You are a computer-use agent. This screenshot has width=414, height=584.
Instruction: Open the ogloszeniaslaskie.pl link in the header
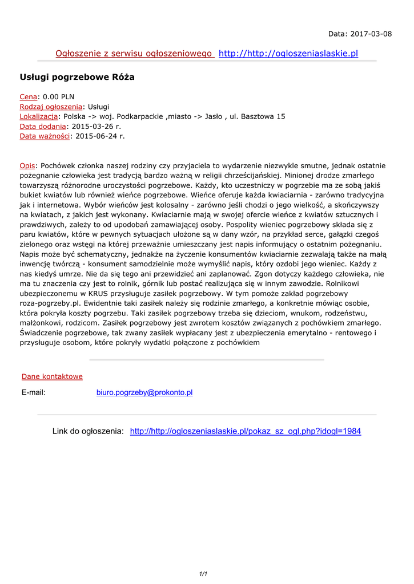[x=288, y=54]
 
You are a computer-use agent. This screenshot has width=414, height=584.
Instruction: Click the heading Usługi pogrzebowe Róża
[x=77, y=77]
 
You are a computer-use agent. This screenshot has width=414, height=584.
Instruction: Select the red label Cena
[x=29, y=97]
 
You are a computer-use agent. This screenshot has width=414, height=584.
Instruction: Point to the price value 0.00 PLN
[x=59, y=97]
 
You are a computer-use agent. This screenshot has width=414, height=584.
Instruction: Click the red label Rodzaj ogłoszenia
[x=51, y=107]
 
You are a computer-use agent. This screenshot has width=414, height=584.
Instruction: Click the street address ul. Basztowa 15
[x=257, y=116]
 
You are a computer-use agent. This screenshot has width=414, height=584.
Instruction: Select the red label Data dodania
[x=43, y=126]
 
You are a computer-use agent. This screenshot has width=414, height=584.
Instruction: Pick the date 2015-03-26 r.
[x=95, y=126]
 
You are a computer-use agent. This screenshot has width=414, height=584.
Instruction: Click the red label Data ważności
[x=45, y=136]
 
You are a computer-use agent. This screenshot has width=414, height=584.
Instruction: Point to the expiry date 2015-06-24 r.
[x=100, y=136]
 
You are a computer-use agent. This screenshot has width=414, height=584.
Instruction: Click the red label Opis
[x=27, y=165]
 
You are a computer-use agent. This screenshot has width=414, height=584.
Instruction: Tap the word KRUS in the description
[x=98, y=293]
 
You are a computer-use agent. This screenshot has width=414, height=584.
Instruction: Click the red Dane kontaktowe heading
[x=52, y=376]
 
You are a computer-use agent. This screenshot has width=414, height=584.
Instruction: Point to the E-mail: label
[x=34, y=392]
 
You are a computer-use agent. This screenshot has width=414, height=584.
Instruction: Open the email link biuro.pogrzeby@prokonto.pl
[x=144, y=392]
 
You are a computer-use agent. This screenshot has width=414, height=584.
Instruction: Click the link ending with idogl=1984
[x=246, y=431]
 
